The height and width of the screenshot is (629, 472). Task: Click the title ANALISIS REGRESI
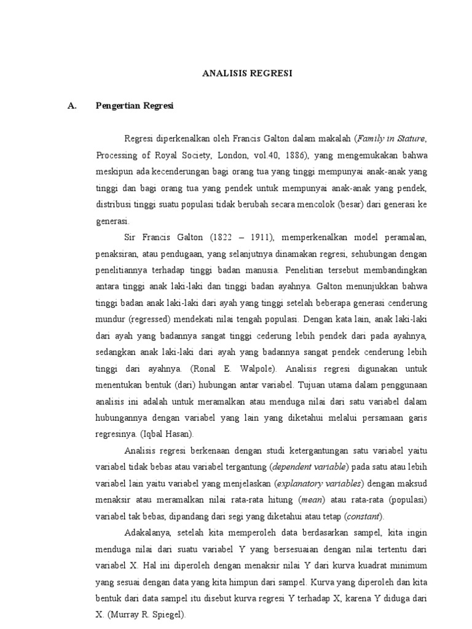click(247, 73)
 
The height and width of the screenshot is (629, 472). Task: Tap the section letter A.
click(72, 106)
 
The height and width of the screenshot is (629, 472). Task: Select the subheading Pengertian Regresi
click(135, 106)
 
